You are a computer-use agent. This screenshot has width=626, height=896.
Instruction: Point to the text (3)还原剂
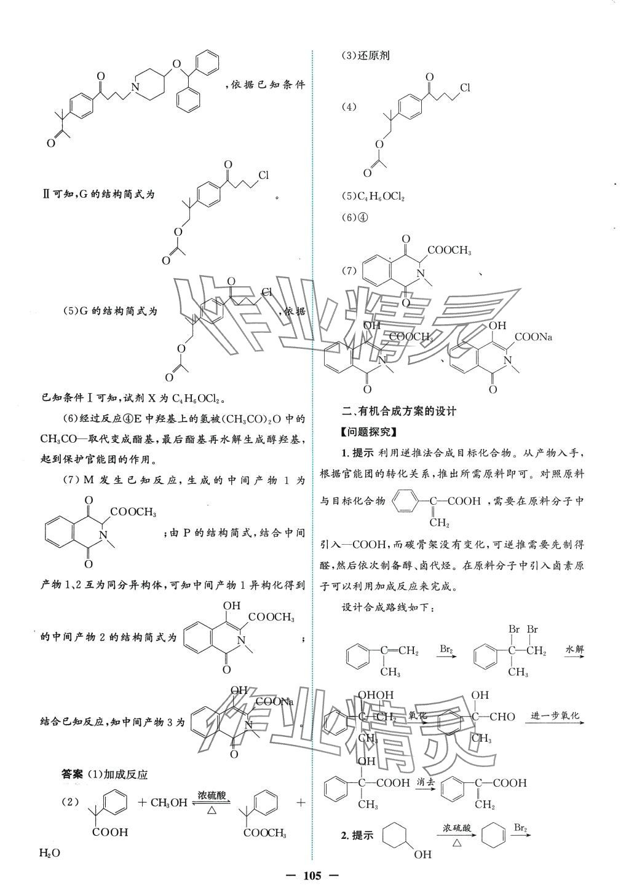(x=366, y=55)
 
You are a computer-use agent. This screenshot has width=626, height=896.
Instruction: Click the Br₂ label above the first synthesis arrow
(x=447, y=649)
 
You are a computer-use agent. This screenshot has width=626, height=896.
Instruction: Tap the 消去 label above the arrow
(x=425, y=781)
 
